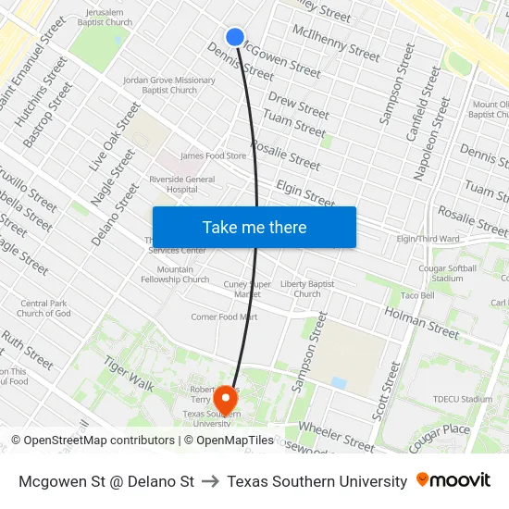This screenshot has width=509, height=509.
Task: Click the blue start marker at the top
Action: click(235, 37)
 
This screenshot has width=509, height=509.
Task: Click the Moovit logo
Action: click(453, 480)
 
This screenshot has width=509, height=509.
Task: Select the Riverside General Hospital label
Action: click(176, 184)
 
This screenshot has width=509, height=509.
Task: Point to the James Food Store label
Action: click(213, 156)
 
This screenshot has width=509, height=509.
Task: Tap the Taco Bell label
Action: click(417, 296)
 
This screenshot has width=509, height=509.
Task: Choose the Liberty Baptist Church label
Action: click(307, 289)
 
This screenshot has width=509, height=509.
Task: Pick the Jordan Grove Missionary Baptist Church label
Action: click(168, 85)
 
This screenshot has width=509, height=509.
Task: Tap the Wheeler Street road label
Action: click(336, 440)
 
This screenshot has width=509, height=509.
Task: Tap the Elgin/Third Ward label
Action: click(428, 239)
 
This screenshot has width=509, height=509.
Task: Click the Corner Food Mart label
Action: click(224, 317)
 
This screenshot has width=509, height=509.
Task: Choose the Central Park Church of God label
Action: click(43, 308)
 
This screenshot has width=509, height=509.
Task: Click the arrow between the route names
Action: click(210, 481)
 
